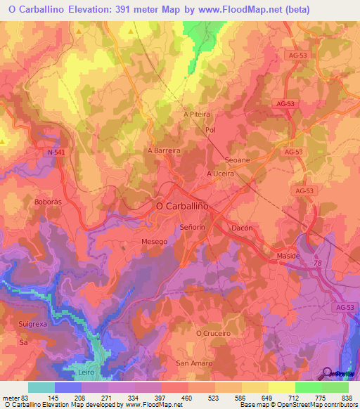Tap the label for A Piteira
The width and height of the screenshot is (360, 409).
coord(197,114)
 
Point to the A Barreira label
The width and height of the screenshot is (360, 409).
coord(164,150)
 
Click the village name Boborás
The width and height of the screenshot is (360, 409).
coord(49,202)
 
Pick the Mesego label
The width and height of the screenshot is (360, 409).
coord(155,242)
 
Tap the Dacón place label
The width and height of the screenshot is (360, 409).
coord(242,228)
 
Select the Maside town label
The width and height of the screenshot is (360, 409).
coord(288,256)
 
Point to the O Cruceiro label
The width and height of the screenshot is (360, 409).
coord(213,333)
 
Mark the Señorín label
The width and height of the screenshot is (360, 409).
coord(192,228)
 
